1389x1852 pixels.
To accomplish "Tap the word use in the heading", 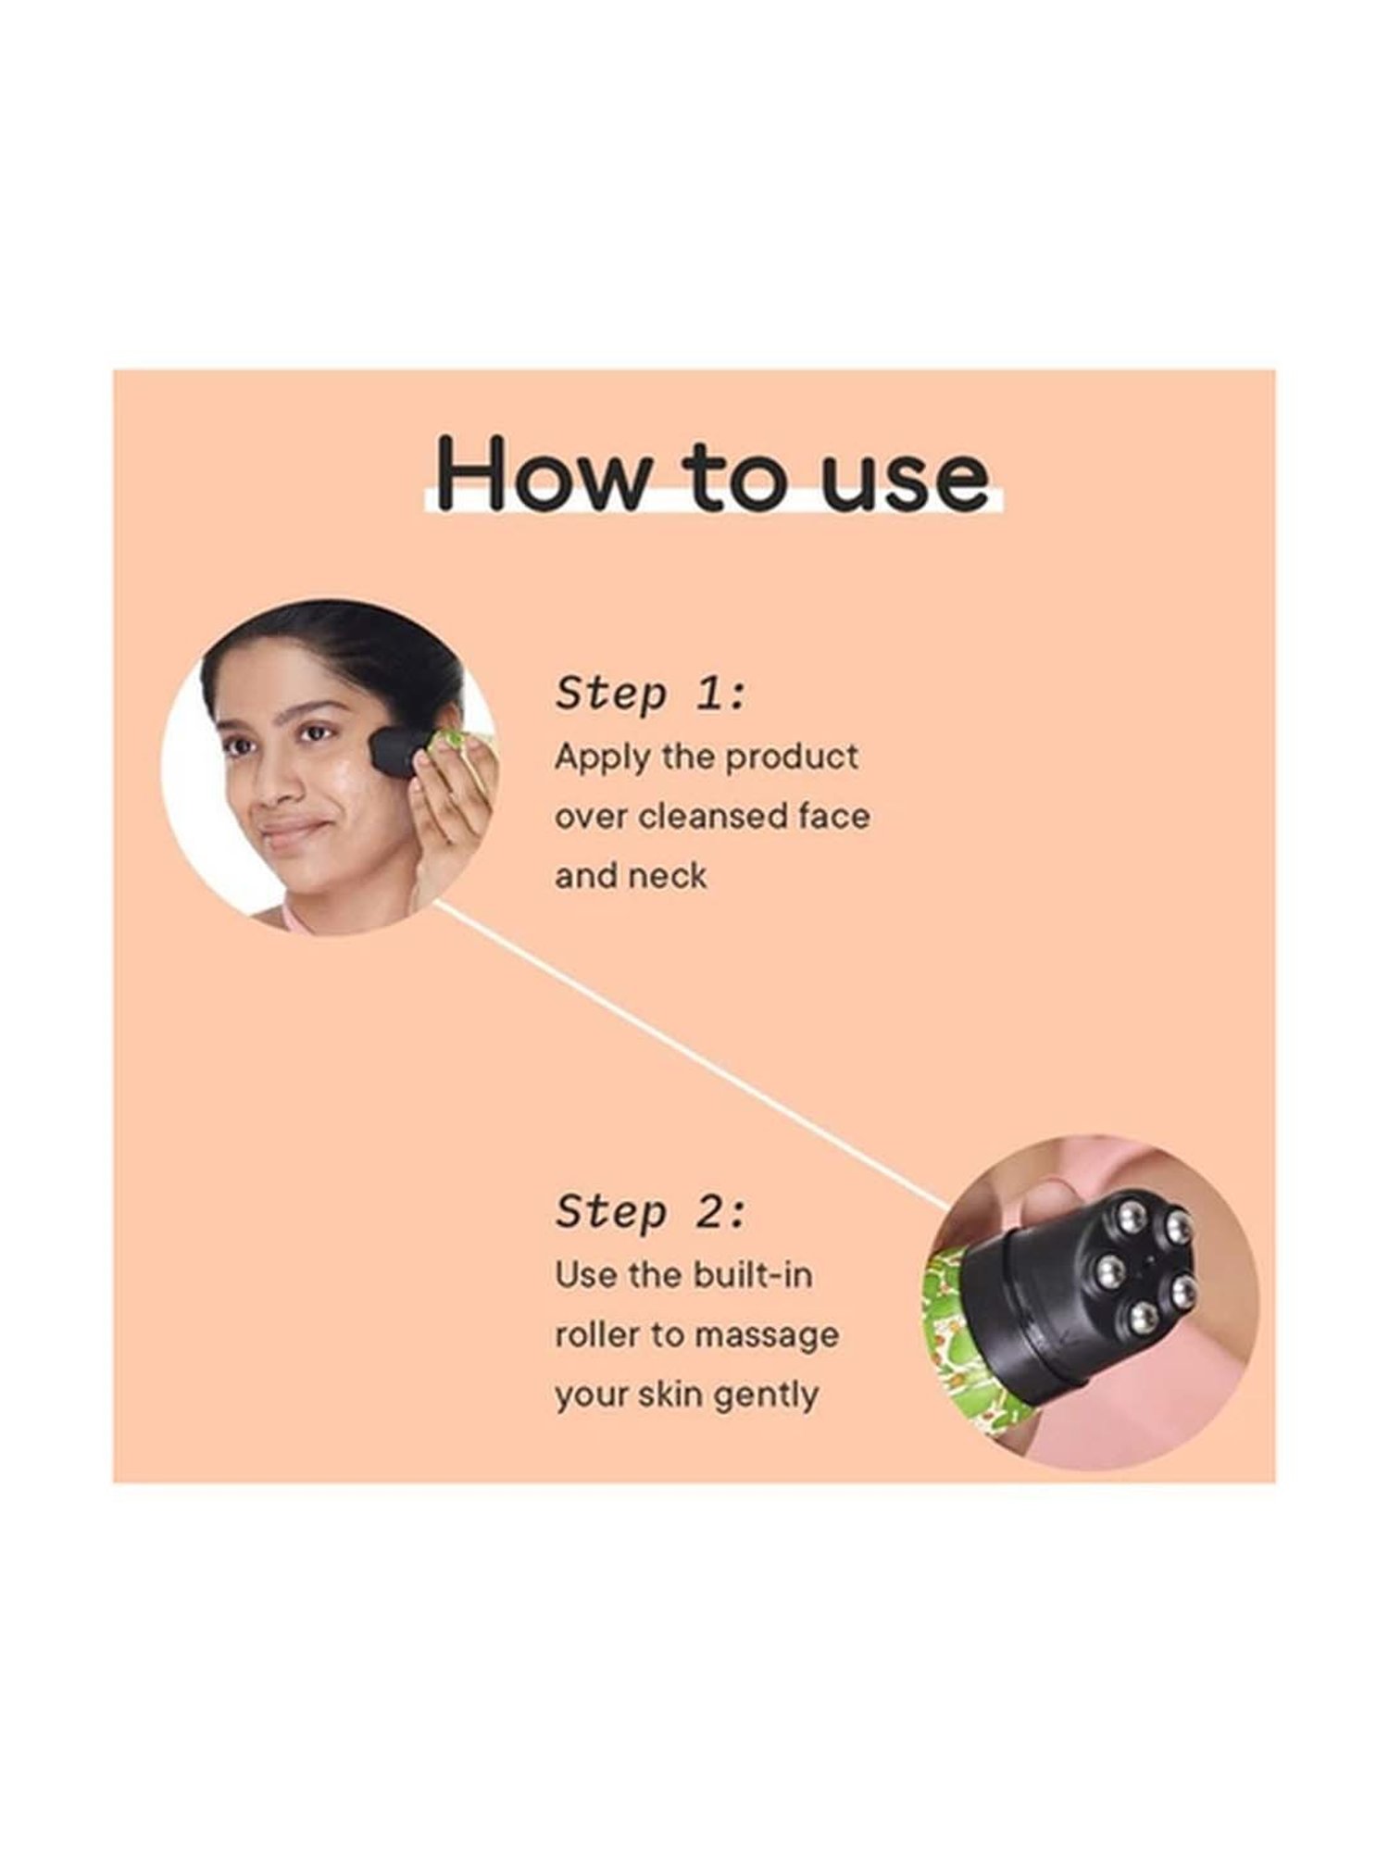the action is (906, 482).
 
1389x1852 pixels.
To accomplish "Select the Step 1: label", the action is (650, 694).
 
